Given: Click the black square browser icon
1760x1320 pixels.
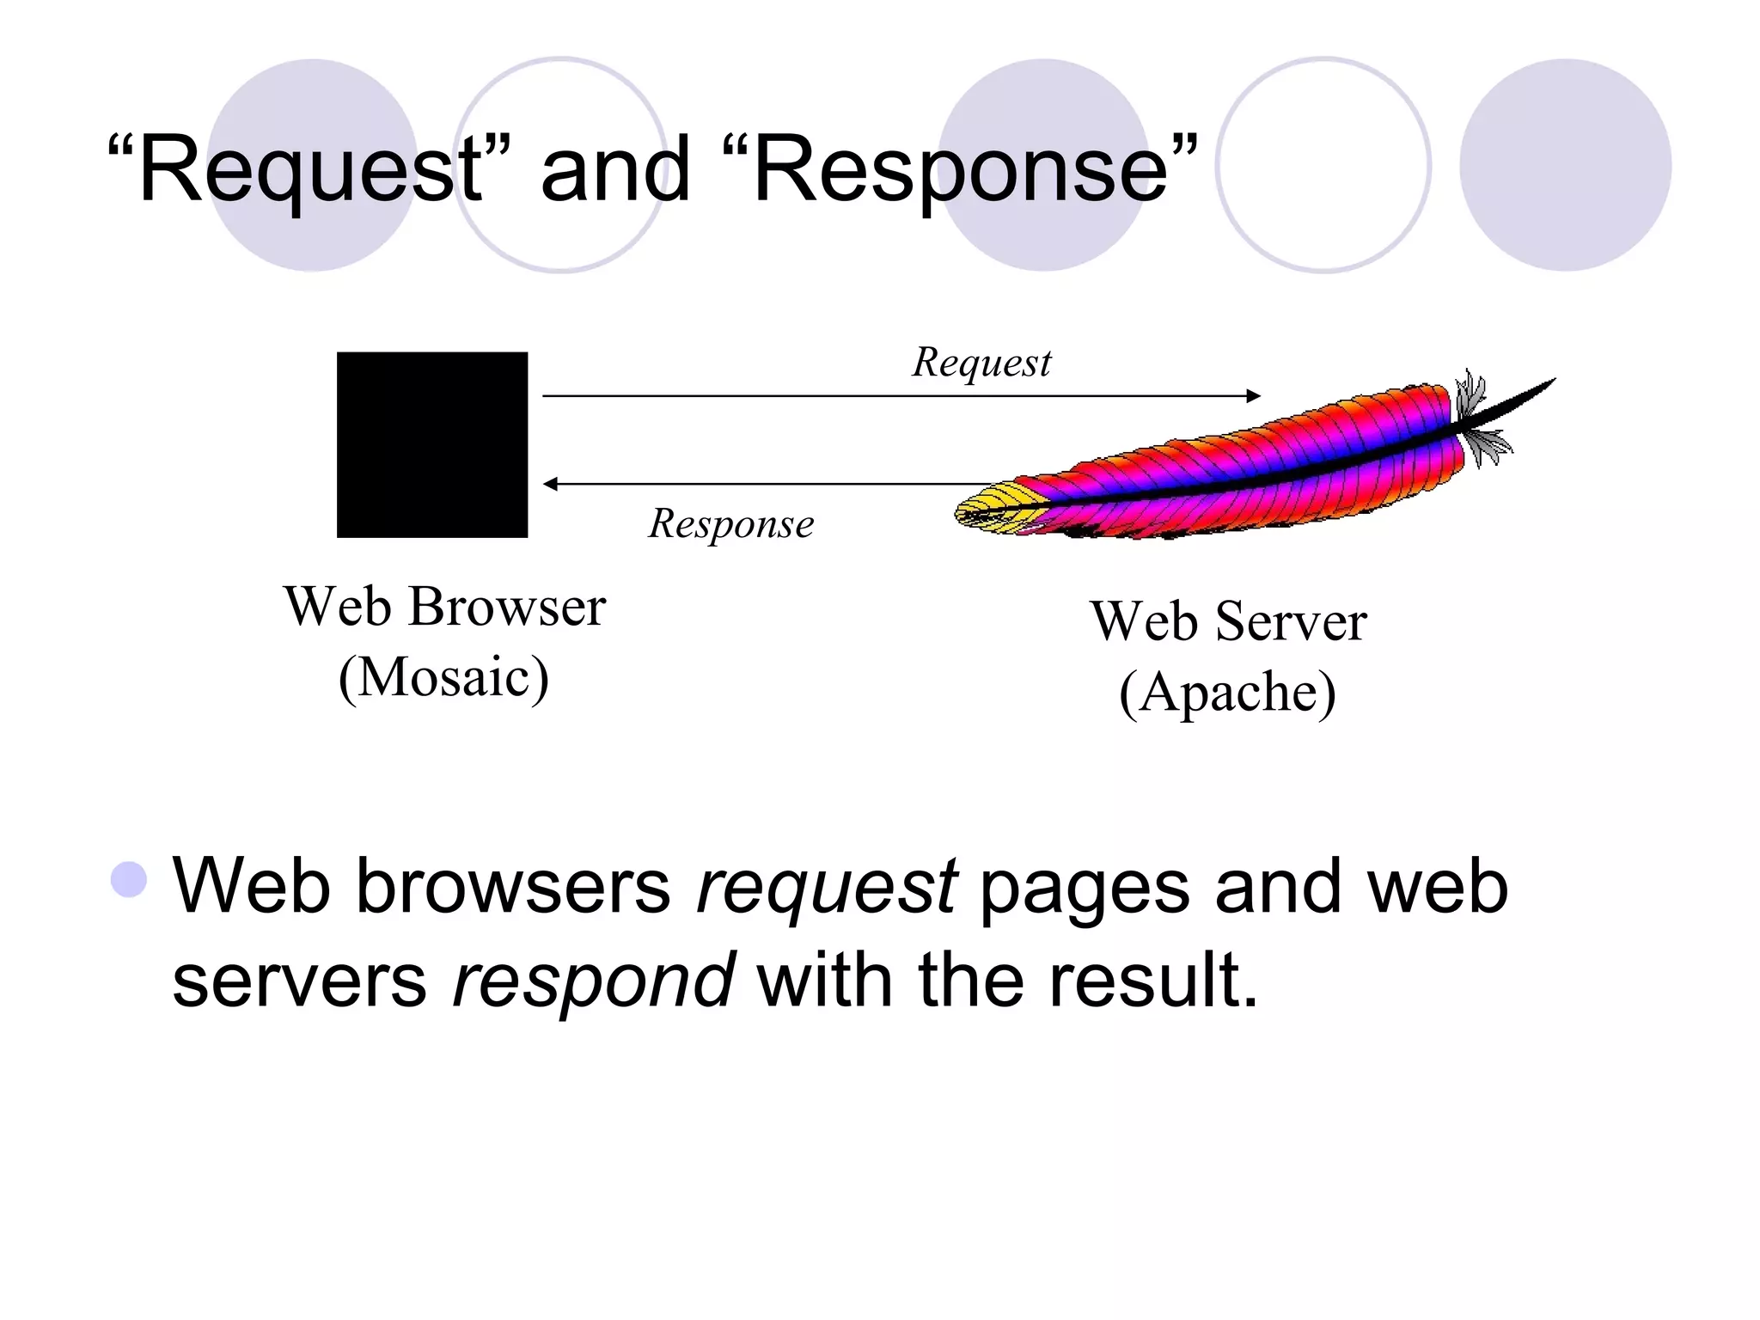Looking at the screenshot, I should pos(431,444).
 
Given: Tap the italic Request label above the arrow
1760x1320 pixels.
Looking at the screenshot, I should pos(981,363).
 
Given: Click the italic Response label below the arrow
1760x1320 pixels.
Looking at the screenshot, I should pos(730,524).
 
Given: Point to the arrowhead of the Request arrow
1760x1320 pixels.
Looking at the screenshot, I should pos(1254,396).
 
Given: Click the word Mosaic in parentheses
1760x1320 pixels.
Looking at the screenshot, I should pos(443,678).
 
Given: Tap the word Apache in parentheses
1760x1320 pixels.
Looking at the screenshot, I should pos(1227,693).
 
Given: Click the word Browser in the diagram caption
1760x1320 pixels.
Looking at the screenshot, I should pos(507,607).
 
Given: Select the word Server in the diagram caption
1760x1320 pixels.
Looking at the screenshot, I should pos(1291,621).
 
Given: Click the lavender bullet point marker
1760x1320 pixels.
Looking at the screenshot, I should pos(129,879).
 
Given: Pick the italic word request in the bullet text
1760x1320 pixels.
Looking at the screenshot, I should pos(827,887).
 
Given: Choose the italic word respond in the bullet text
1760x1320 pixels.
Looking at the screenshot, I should pos(593,981).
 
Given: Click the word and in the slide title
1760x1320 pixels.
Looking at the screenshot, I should pos(615,169).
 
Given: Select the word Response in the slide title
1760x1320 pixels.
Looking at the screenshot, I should pos(960,169).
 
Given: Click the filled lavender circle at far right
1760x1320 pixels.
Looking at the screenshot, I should pos(1565,165).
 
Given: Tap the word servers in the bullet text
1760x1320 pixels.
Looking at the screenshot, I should pos(299,981).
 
